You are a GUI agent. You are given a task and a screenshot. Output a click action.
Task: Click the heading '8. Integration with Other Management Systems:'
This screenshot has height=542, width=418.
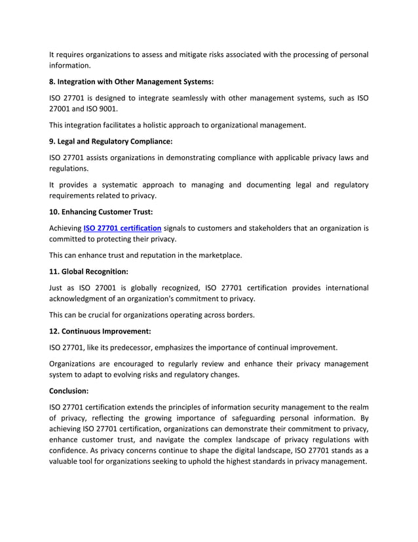coord(132,82)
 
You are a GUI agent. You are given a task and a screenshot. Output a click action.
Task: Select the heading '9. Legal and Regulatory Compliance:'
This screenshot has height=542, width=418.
coord(111,141)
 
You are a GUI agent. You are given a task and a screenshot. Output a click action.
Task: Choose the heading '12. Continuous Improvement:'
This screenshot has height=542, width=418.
coord(98,331)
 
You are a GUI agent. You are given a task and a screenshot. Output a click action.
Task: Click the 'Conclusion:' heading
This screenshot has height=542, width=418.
coord(71,390)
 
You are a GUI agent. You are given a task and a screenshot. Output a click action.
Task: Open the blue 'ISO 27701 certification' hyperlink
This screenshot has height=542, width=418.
coord(122,228)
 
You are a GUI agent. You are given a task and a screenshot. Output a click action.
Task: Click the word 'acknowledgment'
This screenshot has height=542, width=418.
coord(81,299)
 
